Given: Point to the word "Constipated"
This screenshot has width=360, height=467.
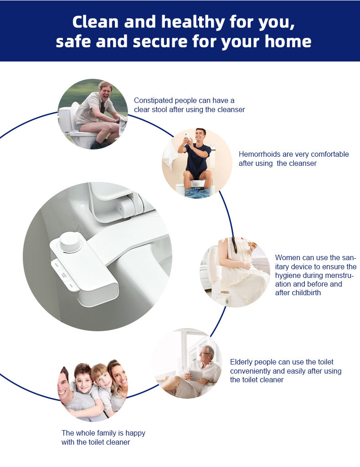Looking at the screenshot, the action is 154,101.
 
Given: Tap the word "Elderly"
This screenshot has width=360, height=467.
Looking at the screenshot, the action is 241,362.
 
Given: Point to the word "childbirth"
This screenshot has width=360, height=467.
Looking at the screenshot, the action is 307,293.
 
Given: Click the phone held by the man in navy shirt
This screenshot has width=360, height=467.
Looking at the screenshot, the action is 187,137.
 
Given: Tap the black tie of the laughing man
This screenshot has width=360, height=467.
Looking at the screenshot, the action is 103,107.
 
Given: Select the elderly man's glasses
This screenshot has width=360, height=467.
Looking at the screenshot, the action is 204,354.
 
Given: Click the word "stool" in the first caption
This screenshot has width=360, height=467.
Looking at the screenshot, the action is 159,110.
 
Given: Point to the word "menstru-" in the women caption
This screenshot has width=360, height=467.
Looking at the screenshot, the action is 340,275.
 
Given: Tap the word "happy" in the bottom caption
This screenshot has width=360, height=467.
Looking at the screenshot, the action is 135,433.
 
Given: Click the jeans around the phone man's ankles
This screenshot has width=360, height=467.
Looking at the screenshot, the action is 197,192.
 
